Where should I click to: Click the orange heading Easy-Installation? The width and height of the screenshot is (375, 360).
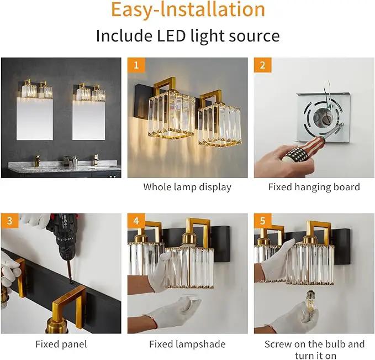(188, 9)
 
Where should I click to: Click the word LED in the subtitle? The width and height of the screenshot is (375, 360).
(171, 36)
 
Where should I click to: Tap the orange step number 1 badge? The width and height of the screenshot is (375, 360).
(136, 65)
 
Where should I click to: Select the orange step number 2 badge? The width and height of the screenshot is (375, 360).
(262, 65)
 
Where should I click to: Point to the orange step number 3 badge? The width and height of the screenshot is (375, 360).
(9, 221)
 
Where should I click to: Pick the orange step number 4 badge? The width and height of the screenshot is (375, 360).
(136, 221)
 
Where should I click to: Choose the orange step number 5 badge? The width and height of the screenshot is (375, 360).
(262, 221)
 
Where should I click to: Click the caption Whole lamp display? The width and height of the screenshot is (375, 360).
(187, 187)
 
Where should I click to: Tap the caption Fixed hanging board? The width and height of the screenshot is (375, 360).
(314, 187)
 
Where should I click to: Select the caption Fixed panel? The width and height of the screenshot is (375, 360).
(61, 344)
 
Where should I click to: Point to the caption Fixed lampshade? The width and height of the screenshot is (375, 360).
(187, 344)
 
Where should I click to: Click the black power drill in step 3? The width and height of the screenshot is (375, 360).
(64, 242)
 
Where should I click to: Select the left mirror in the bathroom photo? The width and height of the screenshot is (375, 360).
(35, 118)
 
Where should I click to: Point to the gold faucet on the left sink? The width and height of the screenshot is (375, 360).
(37, 160)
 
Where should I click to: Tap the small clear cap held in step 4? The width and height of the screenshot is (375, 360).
(190, 301)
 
